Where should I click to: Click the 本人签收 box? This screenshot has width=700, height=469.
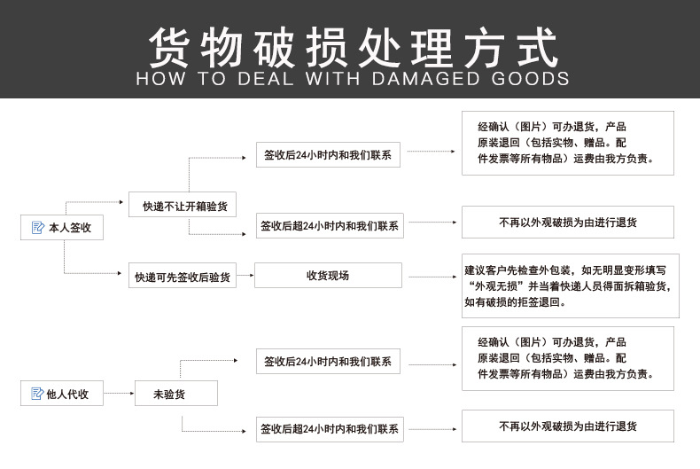point(62,228)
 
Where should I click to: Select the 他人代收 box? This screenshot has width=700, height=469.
point(62,394)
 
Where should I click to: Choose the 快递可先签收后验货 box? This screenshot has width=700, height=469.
point(183,277)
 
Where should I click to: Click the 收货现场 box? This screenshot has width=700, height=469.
point(328,276)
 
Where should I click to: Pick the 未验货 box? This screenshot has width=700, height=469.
point(175,394)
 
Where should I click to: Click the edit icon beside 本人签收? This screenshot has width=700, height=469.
point(37,228)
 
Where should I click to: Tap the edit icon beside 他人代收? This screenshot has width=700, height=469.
point(36,394)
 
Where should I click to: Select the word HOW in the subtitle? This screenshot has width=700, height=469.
point(160,78)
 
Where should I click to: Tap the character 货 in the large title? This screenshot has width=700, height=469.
point(171,46)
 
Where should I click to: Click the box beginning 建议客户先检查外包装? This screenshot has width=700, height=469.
point(570,285)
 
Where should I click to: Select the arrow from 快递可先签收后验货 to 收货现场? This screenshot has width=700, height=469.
point(245,276)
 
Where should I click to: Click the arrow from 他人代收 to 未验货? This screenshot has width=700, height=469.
point(118,394)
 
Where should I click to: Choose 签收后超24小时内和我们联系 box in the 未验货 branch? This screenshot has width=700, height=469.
point(329,428)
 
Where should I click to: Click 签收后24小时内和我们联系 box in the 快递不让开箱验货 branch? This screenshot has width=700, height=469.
point(328,154)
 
